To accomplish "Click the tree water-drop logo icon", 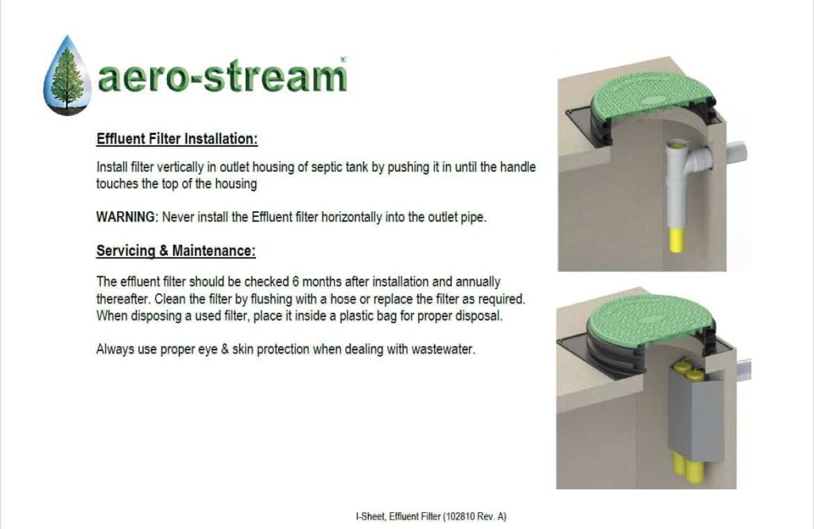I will (x=67, y=75).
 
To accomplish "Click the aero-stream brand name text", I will (x=222, y=77).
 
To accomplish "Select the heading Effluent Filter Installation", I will (x=177, y=139).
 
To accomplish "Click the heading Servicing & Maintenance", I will (x=176, y=251).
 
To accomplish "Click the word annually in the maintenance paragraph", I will (x=479, y=282).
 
